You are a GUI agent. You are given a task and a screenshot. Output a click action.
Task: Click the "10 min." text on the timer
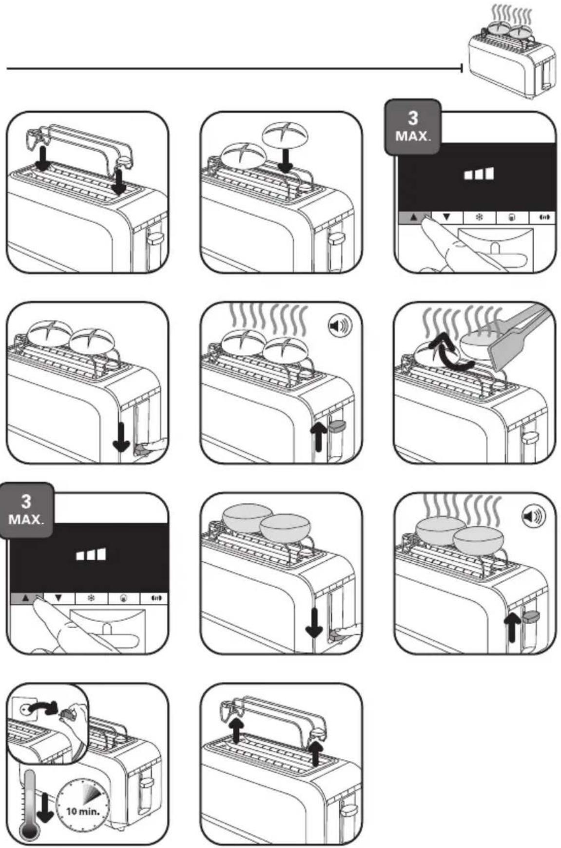coord(83,811)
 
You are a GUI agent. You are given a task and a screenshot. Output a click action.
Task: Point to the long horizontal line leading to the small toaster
coord(234,69)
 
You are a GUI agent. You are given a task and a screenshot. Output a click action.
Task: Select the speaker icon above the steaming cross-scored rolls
coord(339,326)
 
